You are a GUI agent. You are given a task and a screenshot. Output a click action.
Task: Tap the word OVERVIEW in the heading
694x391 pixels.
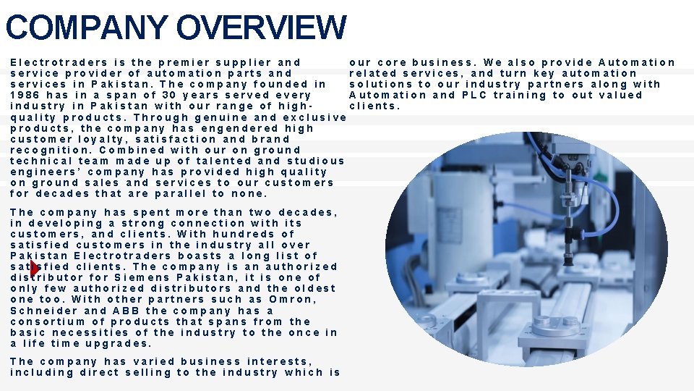click(261, 28)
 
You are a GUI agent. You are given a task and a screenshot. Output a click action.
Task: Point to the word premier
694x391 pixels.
click(185, 62)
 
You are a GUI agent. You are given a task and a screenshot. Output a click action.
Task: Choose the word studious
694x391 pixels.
click(316, 161)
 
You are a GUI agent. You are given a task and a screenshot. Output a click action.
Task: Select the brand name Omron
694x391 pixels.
click(292, 299)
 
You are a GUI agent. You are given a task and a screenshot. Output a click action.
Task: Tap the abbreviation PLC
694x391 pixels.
click(475, 95)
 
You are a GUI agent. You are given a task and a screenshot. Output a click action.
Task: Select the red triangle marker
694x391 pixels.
click(35, 269)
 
